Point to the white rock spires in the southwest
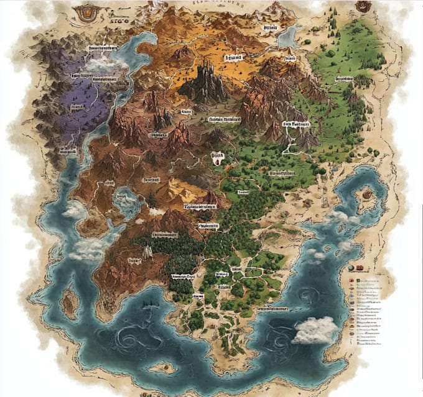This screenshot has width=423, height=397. [147, 251]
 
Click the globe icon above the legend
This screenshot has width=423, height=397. [351, 268]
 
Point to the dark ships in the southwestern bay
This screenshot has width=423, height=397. [147, 304]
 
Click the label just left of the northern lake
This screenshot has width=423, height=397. [269, 29]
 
